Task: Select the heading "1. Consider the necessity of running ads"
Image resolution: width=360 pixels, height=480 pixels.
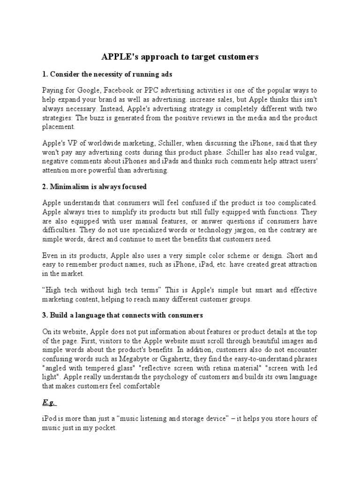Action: click(101, 74)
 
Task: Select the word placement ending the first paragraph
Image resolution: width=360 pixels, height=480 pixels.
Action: click(58, 127)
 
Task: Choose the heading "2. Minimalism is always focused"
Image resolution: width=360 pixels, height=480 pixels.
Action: click(94, 187)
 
